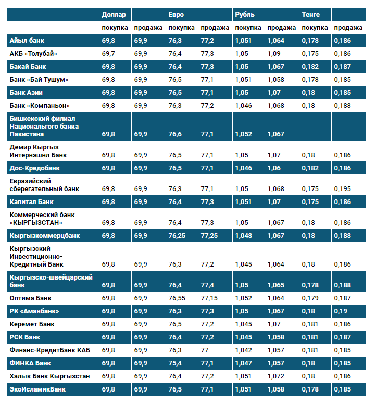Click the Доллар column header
[x=114, y=14]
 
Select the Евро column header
[x=176, y=14]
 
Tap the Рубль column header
[x=245, y=14]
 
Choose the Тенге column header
[x=311, y=14]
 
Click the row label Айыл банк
[x=27, y=40]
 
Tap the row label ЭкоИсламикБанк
[x=38, y=389]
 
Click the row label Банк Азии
[x=26, y=92]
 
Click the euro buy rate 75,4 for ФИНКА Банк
[x=175, y=363]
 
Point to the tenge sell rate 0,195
[x=342, y=189]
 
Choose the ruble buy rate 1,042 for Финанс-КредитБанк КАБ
[x=244, y=350]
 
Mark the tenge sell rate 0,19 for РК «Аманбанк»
[x=341, y=311]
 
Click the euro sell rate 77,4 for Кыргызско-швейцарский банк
[x=207, y=285]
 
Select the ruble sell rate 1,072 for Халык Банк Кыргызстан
[x=276, y=376]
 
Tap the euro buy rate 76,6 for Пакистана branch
[x=175, y=134]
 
